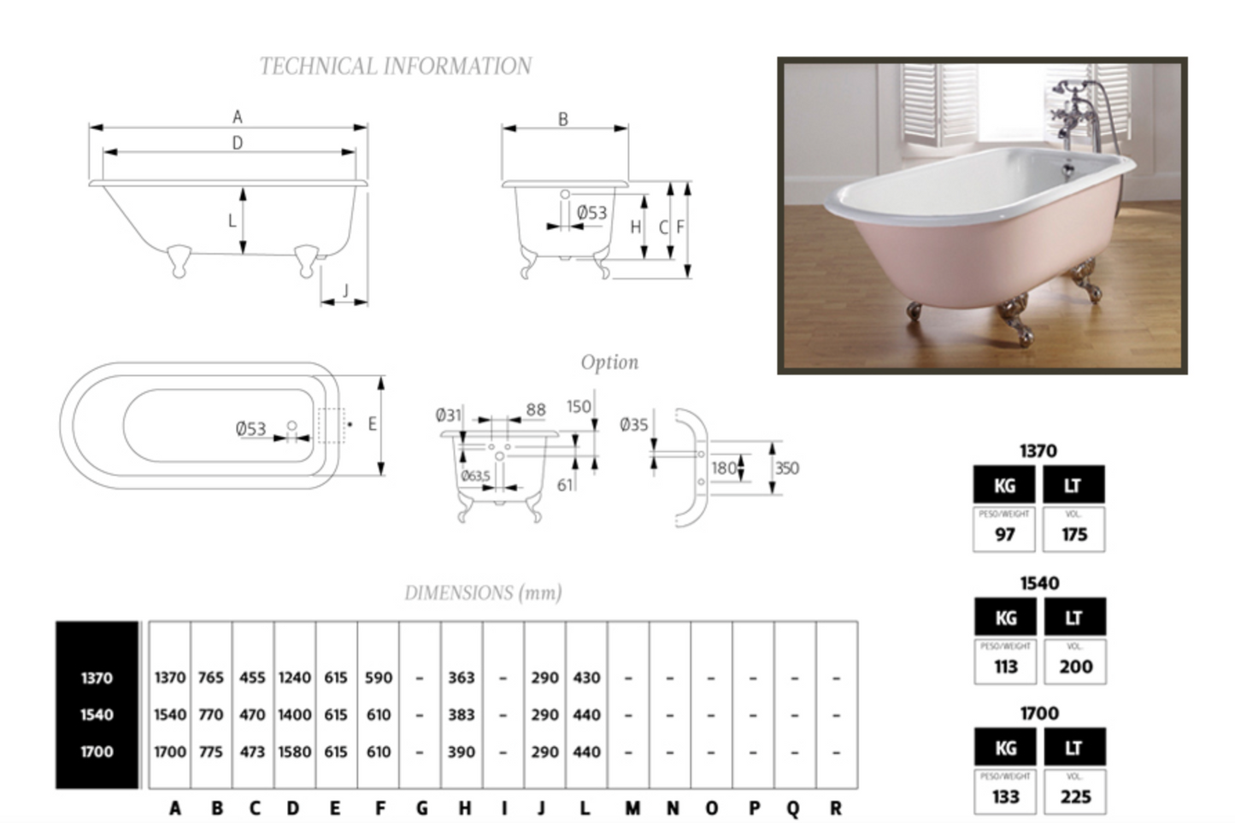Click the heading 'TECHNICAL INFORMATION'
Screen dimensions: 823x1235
(x=395, y=67)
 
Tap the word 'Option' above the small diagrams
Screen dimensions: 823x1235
(x=609, y=362)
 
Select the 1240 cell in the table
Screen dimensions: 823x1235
(x=294, y=678)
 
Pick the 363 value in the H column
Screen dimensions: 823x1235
(x=461, y=678)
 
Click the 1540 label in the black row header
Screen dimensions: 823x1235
(x=97, y=714)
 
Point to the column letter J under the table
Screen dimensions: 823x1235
(x=541, y=808)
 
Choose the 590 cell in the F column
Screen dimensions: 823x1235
(x=379, y=678)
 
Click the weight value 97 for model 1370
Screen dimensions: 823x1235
(x=1005, y=535)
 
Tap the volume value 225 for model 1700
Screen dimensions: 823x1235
(x=1075, y=797)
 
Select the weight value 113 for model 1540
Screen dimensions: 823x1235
(x=1006, y=667)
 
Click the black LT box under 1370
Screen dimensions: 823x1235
(x=1073, y=485)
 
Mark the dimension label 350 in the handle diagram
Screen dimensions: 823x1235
(x=786, y=468)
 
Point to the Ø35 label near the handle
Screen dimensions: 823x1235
(x=633, y=425)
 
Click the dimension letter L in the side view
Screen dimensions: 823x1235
(x=232, y=220)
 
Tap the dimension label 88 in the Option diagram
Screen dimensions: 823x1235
(x=536, y=410)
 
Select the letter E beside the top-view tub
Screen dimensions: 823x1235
(x=372, y=424)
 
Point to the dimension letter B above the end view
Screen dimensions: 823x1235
(x=563, y=120)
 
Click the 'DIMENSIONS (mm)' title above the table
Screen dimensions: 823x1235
(x=483, y=593)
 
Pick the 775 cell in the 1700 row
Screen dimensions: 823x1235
(x=211, y=752)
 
